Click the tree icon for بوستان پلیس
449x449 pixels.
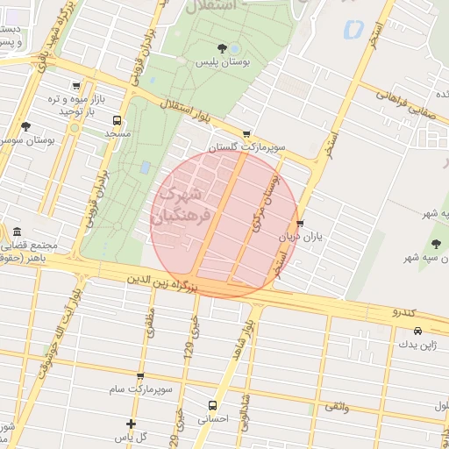tap(220, 47)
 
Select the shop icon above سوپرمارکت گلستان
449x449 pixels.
tap(246, 134)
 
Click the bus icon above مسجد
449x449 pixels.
tap(117, 120)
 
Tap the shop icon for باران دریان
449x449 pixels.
tap(301, 224)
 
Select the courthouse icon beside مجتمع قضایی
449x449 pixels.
tap(17, 232)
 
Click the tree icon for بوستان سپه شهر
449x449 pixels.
tap(436, 243)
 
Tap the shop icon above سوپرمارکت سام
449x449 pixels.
tap(139, 375)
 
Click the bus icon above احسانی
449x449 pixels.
tap(212, 405)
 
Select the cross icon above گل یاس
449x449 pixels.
tap(131, 424)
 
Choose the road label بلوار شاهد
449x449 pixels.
tap(243, 342)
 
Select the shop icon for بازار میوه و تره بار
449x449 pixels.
tap(77, 86)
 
